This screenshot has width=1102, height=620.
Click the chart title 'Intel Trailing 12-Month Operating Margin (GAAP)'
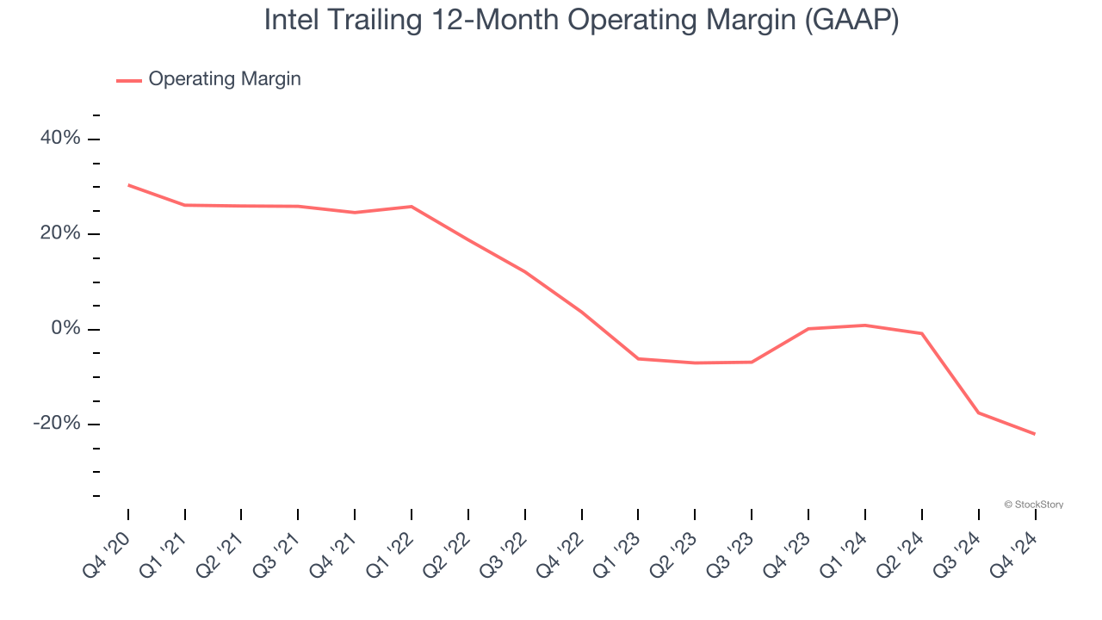pos(581,21)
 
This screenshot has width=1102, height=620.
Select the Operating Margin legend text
pos(225,79)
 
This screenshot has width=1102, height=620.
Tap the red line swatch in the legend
pos(129,80)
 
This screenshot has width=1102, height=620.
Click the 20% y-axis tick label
pos(60,234)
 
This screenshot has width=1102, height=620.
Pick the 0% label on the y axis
pos(65,329)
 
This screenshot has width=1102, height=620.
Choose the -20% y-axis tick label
pos(57,424)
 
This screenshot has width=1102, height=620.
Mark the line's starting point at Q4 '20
pos(128,185)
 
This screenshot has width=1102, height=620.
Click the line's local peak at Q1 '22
pos(412,207)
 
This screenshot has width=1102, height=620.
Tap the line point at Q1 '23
pos(638,358)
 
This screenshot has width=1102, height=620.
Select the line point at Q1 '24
pos(865,325)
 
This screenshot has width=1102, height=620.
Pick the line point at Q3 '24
pos(978,412)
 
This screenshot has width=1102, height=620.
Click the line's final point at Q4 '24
pos(1035,434)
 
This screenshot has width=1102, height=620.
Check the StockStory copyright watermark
pos(1033,505)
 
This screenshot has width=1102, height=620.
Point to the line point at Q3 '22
pos(525,271)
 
